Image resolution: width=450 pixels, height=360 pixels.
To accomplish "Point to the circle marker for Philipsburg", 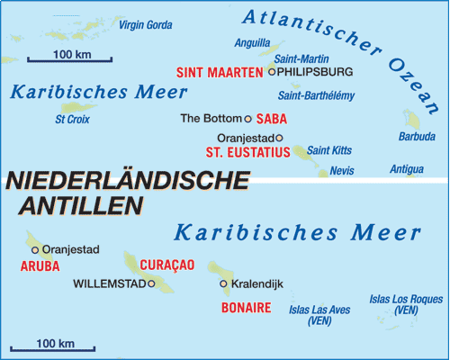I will click(272, 71).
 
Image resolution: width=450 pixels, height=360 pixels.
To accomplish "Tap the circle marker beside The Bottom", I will click(248, 118).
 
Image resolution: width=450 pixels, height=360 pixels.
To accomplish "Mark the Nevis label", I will click(342, 170).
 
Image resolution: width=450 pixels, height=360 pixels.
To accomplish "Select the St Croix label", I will click(73, 118).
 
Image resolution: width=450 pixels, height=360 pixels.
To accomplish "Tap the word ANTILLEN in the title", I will click(79, 205).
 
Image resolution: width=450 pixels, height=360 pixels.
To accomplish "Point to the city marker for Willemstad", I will click(152, 283).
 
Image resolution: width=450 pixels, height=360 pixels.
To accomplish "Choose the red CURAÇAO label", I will click(167, 265).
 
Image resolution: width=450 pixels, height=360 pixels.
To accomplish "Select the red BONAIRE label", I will click(246, 308).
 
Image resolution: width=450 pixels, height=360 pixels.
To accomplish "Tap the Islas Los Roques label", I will click(407, 304).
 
